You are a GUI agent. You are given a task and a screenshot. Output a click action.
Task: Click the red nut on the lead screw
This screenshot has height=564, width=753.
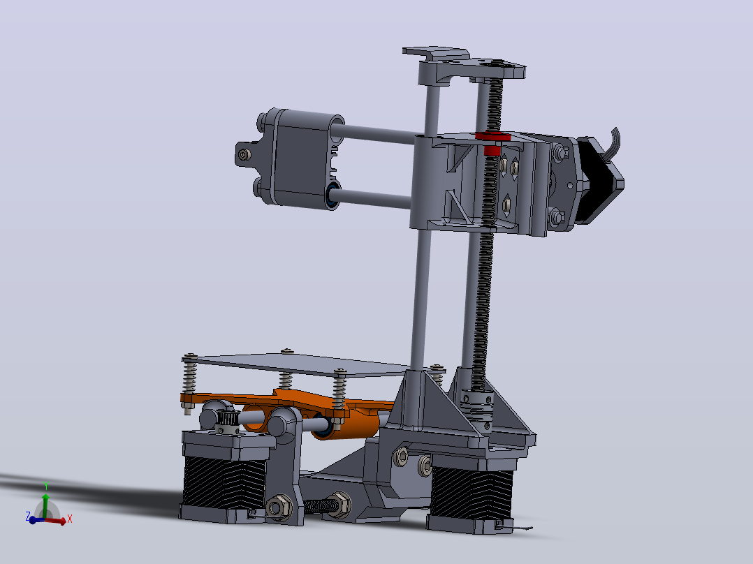[492, 142]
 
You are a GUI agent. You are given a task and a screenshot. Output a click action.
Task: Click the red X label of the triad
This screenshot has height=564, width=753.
[70, 519]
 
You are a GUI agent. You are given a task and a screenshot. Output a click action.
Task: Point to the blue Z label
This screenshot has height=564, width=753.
[28, 516]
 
